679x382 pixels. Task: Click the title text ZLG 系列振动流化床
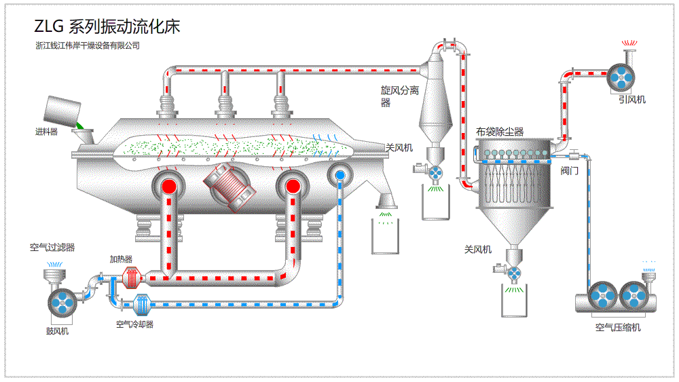point(107,26)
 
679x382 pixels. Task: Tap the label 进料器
point(47,132)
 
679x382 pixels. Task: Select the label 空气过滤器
point(52,248)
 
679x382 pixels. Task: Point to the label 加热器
point(121,259)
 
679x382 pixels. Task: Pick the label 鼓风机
point(57,331)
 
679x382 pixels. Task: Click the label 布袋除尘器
point(500,132)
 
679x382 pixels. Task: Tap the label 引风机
point(632,100)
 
